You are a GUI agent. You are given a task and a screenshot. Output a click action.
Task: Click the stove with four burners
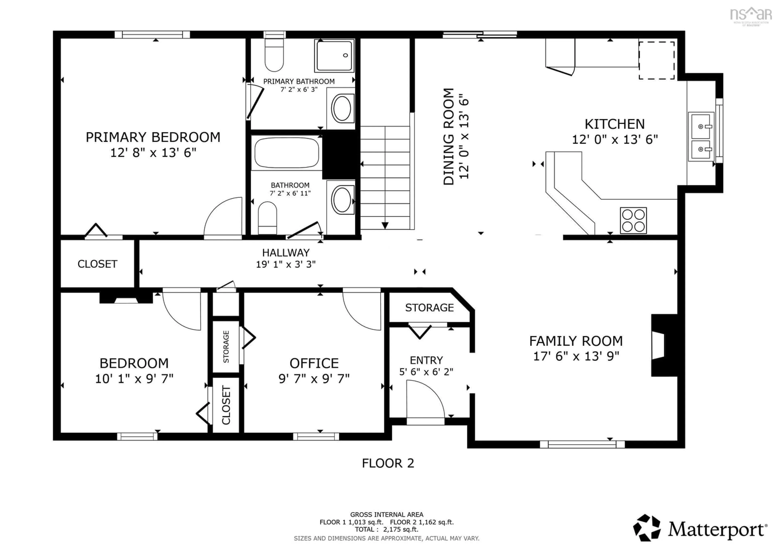[633, 220]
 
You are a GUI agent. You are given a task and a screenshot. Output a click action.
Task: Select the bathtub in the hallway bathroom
[286, 153]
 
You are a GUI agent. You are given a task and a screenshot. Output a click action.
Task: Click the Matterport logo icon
[646, 528]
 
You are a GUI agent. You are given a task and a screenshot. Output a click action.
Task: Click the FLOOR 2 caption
[388, 463]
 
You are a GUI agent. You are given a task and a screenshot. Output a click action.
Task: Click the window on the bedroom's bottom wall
[137, 436]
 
